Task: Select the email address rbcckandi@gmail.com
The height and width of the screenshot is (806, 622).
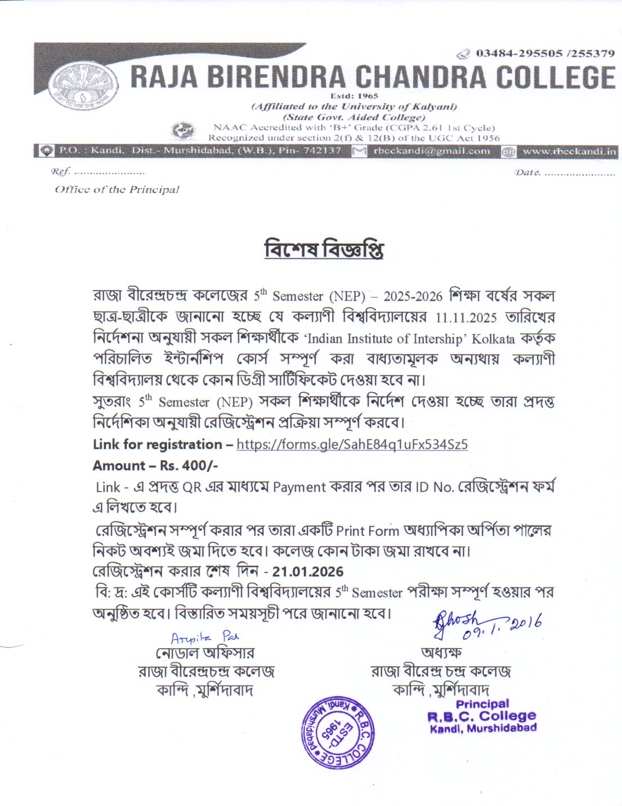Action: tap(431, 151)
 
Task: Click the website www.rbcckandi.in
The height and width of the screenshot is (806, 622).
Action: tap(569, 151)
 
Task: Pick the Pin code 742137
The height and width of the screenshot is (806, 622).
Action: tap(323, 151)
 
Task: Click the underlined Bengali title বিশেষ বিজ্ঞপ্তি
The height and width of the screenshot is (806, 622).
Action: tap(324, 249)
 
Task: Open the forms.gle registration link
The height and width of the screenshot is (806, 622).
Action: tap(352, 444)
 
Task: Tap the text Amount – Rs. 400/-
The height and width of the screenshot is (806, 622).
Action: tap(155, 466)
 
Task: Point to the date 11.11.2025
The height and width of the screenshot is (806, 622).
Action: tap(466, 317)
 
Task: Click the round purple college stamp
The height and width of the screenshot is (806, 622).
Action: tap(337, 732)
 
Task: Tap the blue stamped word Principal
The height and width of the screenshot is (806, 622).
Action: tap(482, 704)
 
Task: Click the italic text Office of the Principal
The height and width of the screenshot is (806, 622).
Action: tap(117, 189)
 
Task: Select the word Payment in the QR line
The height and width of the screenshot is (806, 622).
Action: tap(299, 487)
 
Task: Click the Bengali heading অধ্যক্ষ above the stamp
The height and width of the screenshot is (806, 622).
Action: tap(441, 652)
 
